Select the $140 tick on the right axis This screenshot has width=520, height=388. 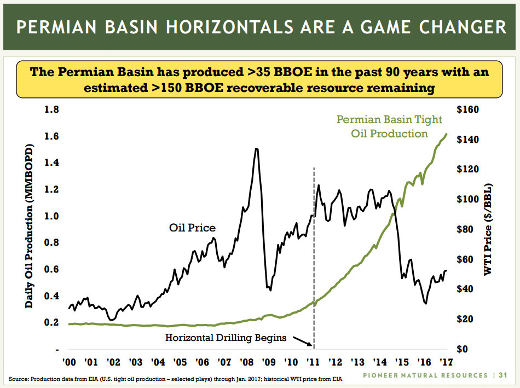point(467,140)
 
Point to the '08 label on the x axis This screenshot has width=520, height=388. point(246,362)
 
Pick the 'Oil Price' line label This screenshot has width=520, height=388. point(192,228)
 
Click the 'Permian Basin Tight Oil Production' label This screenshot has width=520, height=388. point(389,126)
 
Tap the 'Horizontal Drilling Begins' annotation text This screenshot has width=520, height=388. point(226,338)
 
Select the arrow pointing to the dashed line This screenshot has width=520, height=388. point(302,341)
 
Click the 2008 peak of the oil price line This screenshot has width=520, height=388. point(256,148)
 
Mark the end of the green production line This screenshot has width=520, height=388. point(447,134)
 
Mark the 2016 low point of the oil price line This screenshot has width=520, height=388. point(426,303)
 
